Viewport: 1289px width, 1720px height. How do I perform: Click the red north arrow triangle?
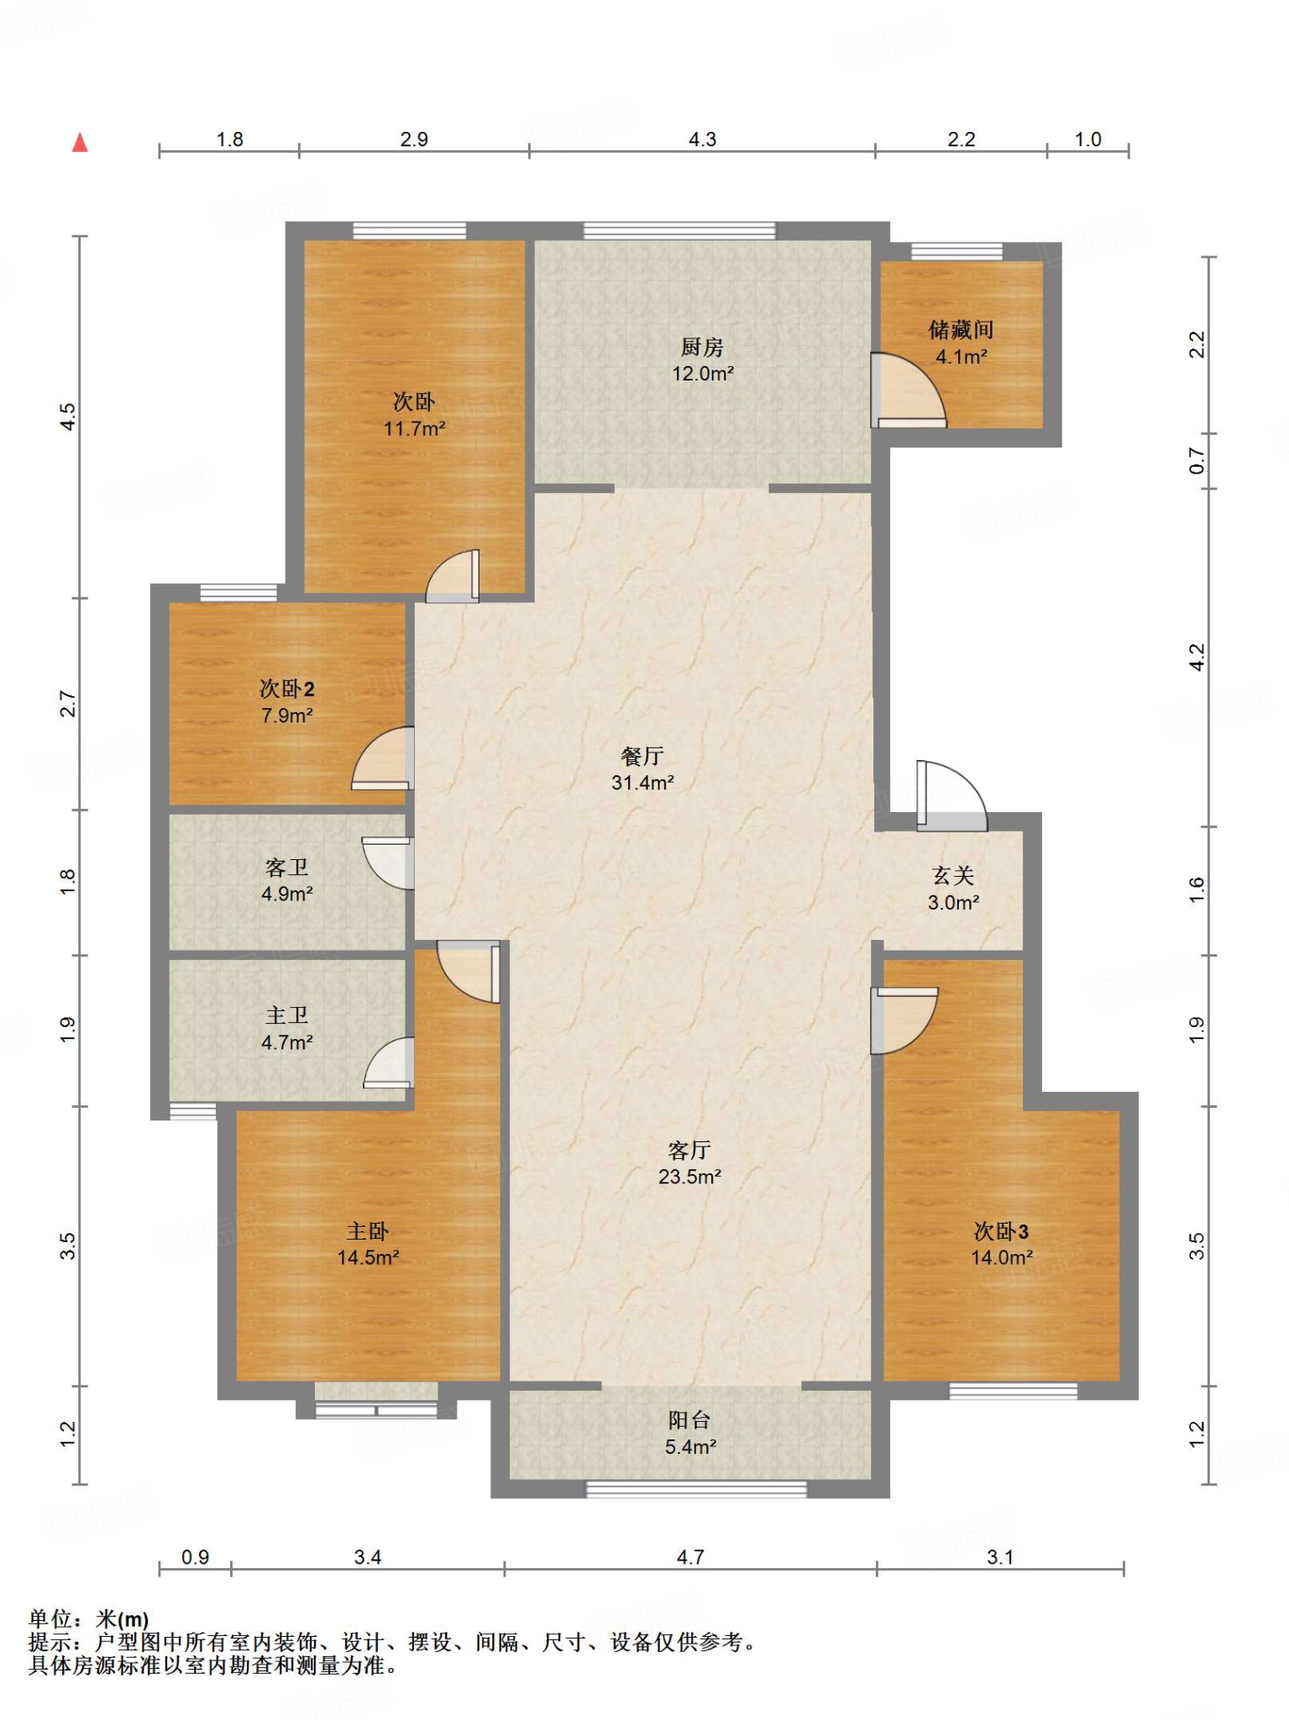pyautogui.click(x=80, y=143)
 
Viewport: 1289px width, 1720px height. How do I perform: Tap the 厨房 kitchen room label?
pyautogui.click(x=702, y=346)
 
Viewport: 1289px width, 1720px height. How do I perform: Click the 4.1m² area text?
pyautogui.click(x=962, y=357)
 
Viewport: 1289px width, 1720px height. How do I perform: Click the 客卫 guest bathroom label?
pyautogui.click(x=286, y=867)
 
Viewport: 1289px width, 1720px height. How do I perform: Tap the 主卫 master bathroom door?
pyautogui.click(x=389, y=1063)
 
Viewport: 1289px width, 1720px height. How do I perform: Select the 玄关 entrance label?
pyautogui.click(x=953, y=876)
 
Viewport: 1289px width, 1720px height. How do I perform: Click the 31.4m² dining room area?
pyautogui.click(x=642, y=783)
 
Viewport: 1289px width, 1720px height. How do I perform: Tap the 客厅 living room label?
pyautogui.click(x=689, y=1150)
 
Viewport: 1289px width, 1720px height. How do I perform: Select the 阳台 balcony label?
pyautogui.click(x=689, y=1420)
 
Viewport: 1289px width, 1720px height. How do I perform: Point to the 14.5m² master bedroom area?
pyautogui.click(x=369, y=1258)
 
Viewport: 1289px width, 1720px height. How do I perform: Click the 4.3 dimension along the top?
pyautogui.click(x=702, y=139)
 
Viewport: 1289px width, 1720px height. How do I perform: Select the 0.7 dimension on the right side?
pyautogui.click(x=1197, y=460)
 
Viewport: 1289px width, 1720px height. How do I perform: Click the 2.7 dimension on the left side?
pyautogui.click(x=68, y=704)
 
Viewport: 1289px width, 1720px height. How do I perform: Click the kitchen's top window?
pyautogui.click(x=679, y=230)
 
